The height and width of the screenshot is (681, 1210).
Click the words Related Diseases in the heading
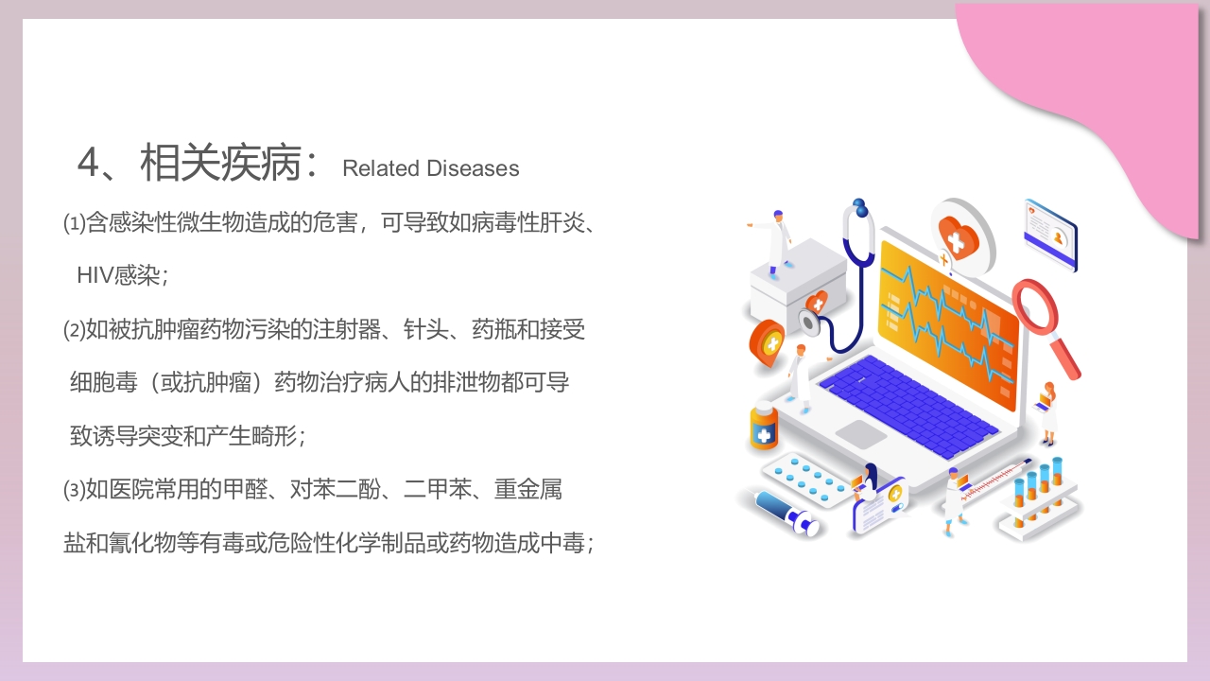[430, 168]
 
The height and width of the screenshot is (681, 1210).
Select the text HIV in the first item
[94, 275]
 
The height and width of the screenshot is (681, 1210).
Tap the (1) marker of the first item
[74, 223]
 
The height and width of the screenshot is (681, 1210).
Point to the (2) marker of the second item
[74, 330]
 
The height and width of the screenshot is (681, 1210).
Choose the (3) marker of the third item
[74, 490]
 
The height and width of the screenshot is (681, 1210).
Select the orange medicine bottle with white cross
[764, 428]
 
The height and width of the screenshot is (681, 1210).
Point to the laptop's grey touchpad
[861, 434]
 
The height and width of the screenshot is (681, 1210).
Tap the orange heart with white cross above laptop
[957, 236]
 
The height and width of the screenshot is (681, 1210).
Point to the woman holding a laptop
[1047, 411]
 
